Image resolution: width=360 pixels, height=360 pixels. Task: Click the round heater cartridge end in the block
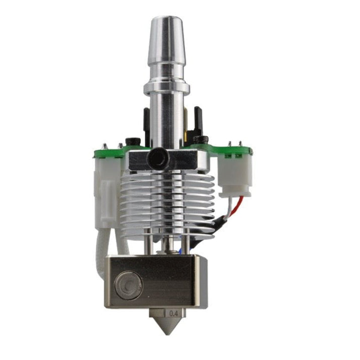tap(124, 285)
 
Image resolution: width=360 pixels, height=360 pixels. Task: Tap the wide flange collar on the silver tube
tap(166, 89)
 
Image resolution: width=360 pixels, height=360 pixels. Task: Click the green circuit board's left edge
tap(96, 152)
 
